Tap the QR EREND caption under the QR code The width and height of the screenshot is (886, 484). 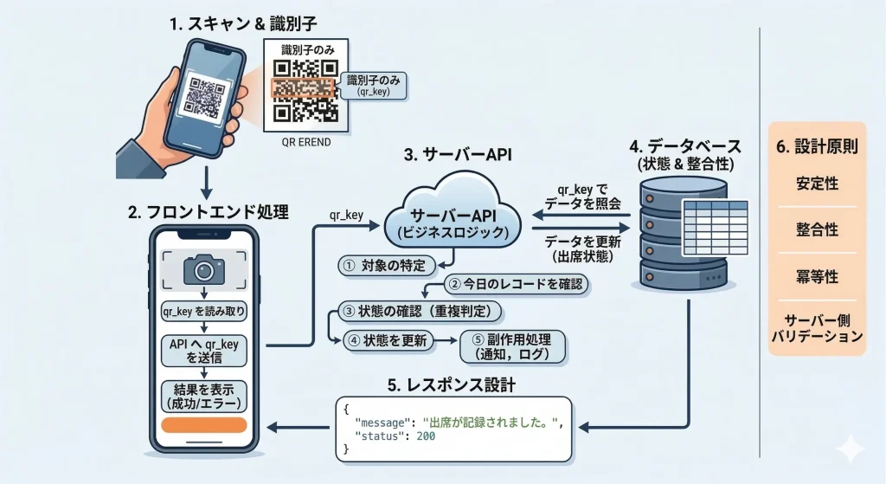pos(306,142)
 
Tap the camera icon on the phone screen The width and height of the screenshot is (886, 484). pos(203,270)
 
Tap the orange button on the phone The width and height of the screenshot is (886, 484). pos(204,426)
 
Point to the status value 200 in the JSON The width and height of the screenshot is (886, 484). pos(425,435)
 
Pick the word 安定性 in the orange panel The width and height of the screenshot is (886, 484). pos(817,184)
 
